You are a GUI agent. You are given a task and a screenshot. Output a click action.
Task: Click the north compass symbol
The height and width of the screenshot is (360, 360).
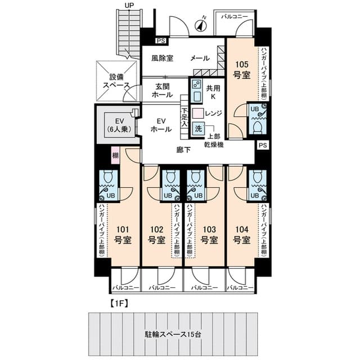coord(200,25)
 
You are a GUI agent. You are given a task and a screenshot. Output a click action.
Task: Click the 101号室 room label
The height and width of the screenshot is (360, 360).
coord(123,235)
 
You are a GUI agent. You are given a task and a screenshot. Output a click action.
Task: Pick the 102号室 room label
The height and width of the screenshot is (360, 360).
coord(156,235)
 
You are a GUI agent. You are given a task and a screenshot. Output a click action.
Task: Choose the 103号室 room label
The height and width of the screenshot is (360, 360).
coord(208,235)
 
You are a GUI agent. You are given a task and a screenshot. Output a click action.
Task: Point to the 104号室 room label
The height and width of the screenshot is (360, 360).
coord(241,235)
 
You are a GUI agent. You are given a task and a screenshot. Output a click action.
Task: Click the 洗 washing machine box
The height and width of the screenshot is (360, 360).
coord(198,128)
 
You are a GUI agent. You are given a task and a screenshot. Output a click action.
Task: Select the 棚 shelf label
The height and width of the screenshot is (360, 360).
coord(115,155)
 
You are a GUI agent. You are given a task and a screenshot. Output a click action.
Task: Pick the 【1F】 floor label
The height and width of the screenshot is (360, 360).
coord(117,304)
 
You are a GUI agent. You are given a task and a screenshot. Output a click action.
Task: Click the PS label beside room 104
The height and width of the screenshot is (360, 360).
coord(263,145)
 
